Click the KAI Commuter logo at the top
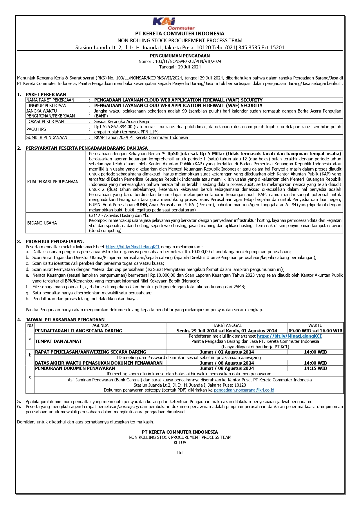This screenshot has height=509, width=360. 173,23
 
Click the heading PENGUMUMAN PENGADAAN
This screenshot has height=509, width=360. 180,56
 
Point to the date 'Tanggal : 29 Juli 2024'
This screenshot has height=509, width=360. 180,67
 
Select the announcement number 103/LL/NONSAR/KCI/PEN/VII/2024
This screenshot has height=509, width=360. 188,61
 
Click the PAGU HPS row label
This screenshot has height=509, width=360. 36,129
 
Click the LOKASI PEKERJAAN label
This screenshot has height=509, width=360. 45,121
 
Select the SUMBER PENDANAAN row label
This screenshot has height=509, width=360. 47,137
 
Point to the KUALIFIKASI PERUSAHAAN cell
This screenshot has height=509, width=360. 53,182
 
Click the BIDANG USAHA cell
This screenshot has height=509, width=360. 42,223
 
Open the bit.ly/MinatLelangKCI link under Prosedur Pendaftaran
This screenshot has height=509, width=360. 133,247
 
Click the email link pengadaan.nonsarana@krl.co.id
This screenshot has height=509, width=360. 244,390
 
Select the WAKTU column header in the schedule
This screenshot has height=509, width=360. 315,325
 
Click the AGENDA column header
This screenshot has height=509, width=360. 100,325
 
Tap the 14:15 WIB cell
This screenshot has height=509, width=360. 315,368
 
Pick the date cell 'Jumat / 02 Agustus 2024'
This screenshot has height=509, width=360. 227,352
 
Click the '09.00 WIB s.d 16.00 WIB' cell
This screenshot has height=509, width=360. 315,331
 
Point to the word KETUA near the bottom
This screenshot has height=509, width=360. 180,442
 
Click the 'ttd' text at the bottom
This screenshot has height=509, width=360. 180,452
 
